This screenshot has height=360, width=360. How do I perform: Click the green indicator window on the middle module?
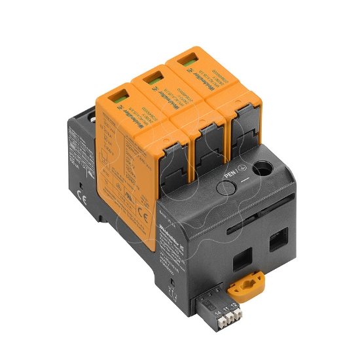(150, 79)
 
